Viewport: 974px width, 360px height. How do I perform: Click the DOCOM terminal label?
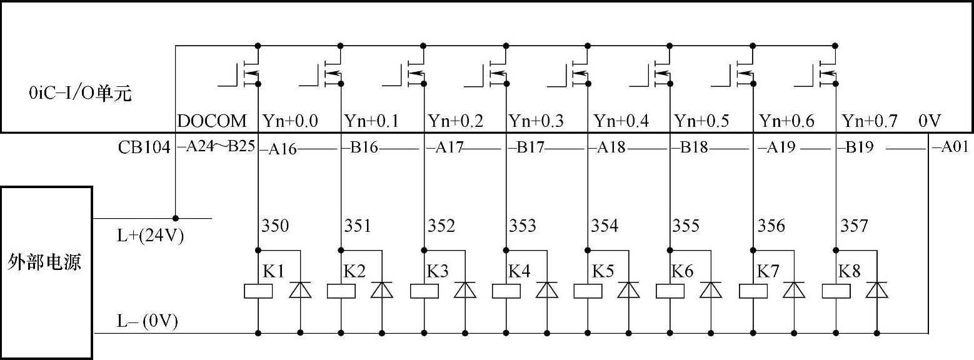(212, 121)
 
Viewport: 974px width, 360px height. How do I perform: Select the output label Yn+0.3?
(536, 121)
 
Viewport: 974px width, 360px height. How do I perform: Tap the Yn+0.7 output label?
(870, 121)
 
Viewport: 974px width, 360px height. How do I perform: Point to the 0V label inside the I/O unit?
(930, 121)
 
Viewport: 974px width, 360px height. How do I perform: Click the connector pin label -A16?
(278, 149)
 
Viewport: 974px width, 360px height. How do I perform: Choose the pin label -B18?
(690, 147)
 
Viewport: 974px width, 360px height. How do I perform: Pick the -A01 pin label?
(950, 147)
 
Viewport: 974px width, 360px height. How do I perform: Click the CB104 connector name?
(144, 147)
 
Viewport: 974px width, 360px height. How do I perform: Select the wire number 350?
(275, 226)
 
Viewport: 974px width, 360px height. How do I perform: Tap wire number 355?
(686, 226)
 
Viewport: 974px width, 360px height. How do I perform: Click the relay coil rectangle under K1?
(258, 291)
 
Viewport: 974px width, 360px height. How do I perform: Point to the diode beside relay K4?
(547, 290)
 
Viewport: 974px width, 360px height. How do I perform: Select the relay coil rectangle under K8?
(836, 291)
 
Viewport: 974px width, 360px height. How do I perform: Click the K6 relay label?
(682, 271)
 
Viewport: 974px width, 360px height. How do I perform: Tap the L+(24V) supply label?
(151, 236)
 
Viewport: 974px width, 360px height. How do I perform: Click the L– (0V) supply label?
(148, 321)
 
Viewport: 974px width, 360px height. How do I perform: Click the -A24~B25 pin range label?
(216, 146)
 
